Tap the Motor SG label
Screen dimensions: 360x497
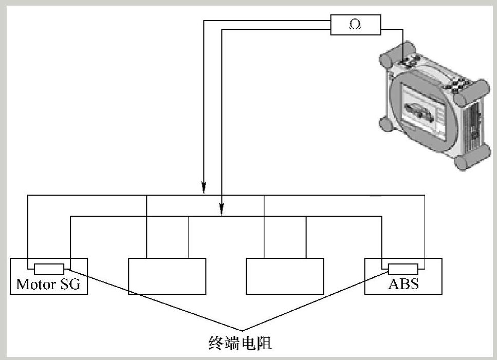pyautogui.click(x=48, y=285)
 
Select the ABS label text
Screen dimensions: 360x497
pyautogui.click(x=403, y=284)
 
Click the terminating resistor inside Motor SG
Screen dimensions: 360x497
pyautogui.click(x=49, y=269)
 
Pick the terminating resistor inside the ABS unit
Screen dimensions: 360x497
pyautogui.click(x=403, y=269)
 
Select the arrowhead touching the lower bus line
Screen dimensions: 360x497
pyautogui.click(x=222, y=209)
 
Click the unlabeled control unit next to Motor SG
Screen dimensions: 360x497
pyautogui.click(x=167, y=276)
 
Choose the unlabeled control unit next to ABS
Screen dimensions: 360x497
pyautogui.click(x=285, y=276)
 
